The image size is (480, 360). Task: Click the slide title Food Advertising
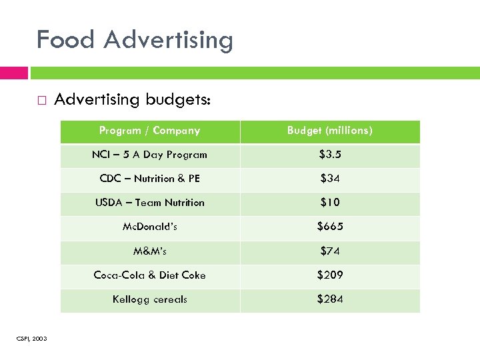pos(135,40)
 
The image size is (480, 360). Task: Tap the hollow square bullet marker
pos(41,101)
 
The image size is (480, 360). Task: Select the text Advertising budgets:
pos(133,100)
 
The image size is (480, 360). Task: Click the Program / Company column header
pos(149,131)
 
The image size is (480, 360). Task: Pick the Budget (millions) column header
pos(329,131)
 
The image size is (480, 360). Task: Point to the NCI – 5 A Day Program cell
pos(149,155)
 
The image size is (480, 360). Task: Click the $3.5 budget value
pos(329,155)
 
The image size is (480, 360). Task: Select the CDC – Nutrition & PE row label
pos(149,179)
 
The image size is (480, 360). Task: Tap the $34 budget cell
pos(329,179)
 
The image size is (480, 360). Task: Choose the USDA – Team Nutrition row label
pos(149,203)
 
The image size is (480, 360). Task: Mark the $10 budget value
pos(329,203)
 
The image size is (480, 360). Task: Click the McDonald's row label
pos(149,227)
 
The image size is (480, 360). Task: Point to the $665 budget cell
pos(329,227)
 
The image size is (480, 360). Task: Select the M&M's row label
pos(149,251)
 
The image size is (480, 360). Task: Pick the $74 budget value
pos(329,251)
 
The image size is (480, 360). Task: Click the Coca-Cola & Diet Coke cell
pos(149,275)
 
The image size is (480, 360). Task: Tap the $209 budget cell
pos(329,275)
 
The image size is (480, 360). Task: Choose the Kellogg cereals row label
pos(149,299)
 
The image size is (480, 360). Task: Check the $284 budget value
pos(329,299)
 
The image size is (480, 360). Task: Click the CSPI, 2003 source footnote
pos(31,339)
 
